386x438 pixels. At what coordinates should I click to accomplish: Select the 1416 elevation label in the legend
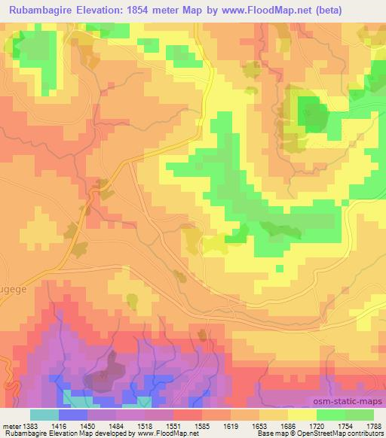click(x=60, y=425)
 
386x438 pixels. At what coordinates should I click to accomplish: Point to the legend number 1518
click(x=146, y=425)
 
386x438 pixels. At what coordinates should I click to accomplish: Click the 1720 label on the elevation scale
click(x=317, y=425)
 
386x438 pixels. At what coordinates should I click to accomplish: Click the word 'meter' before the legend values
click(x=10, y=425)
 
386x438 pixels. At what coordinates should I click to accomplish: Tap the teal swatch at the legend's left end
click(x=44, y=415)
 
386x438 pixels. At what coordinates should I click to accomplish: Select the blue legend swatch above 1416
click(x=73, y=415)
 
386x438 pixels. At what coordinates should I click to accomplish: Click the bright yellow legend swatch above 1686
click(x=302, y=415)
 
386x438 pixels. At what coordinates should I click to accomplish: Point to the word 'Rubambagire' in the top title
click(x=46, y=10)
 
